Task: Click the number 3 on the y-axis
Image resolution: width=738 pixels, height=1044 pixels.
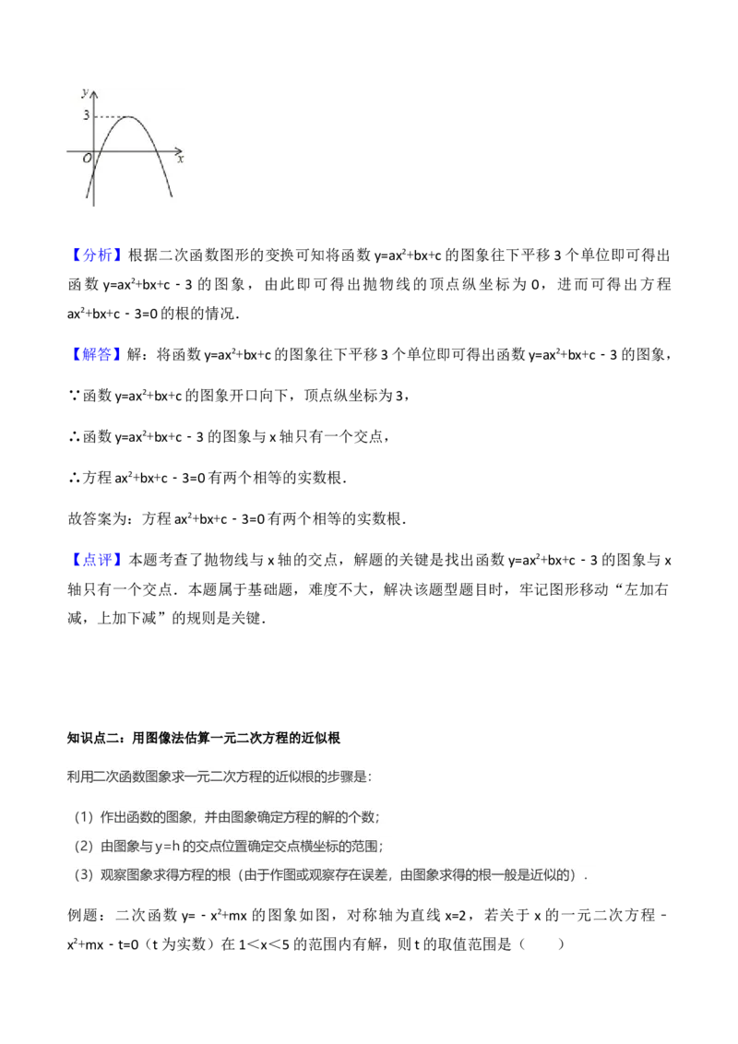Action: pyautogui.click(x=86, y=116)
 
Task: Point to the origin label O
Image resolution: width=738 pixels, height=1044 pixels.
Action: pyautogui.click(x=87, y=159)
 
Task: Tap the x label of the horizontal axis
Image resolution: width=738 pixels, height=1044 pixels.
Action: pyautogui.click(x=181, y=160)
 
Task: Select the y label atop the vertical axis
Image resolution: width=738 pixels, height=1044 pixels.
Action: pyautogui.click(x=84, y=92)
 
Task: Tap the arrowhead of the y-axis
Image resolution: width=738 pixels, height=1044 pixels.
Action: pyautogui.click(x=92, y=93)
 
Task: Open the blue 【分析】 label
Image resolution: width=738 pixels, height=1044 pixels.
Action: pyautogui.click(x=99, y=255)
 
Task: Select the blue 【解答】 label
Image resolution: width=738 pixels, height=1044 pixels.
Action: pyautogui.click(x=99, y=353)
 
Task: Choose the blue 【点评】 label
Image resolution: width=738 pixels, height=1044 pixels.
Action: pyautogui.click(x=99, y=558)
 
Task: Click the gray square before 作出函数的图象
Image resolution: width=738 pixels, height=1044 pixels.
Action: pyautogui.click(x=84, y=815)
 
